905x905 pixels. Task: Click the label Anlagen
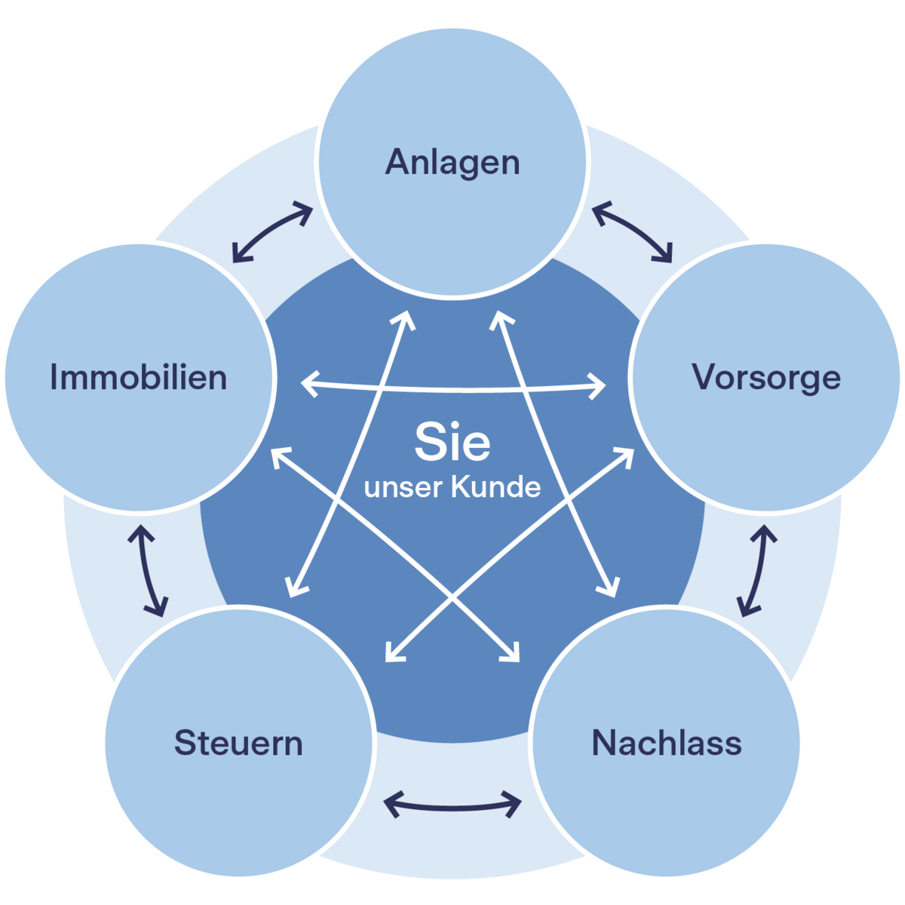tap(452, 163)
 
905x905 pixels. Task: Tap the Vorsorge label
tap(766, 377)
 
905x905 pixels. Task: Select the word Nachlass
tap(667, 743)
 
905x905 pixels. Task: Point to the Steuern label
tap(238, 743)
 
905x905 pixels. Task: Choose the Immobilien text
tap(139, 377)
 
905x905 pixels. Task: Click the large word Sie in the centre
tap(452, 443)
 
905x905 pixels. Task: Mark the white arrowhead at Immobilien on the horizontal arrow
tap(308, 383)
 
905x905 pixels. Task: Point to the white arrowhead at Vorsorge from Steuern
tap(626, 454)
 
